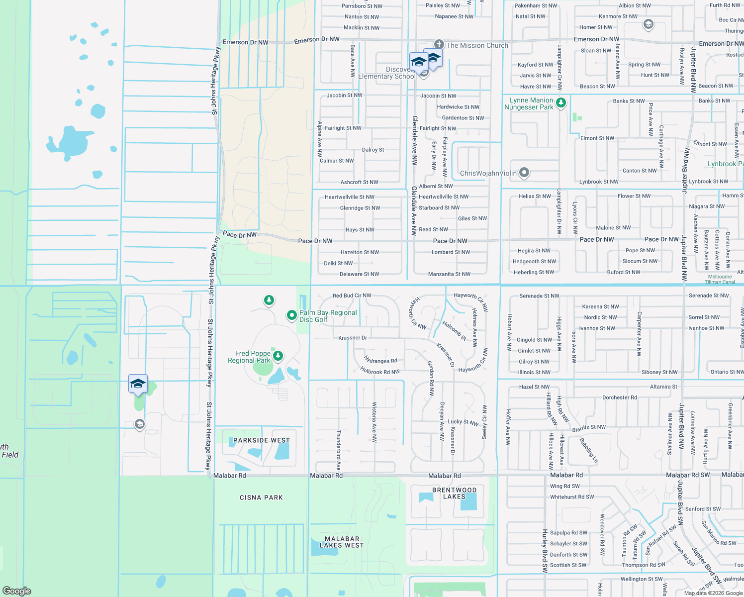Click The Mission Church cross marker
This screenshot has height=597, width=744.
439,45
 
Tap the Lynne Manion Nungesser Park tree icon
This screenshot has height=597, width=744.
561,103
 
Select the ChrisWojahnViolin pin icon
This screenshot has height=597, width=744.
524,173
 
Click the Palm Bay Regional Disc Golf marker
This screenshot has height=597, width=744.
292,315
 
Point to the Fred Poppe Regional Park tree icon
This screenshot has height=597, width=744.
278,355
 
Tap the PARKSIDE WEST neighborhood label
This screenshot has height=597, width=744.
262,440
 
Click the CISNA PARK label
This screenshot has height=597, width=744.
261,497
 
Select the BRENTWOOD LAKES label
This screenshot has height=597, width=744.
454,493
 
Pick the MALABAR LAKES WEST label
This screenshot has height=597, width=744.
342,542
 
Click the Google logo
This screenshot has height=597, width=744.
17,591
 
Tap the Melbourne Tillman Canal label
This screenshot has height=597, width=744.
720,279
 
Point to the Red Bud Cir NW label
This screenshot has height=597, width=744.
352,296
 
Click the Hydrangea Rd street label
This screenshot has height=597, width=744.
380,360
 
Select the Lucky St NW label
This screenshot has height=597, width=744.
463,422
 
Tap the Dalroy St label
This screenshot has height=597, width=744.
373,150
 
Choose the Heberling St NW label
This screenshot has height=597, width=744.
534,272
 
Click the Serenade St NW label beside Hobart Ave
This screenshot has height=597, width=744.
539,296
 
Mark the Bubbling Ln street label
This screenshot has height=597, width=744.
589,450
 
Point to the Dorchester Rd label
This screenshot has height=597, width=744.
619,398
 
